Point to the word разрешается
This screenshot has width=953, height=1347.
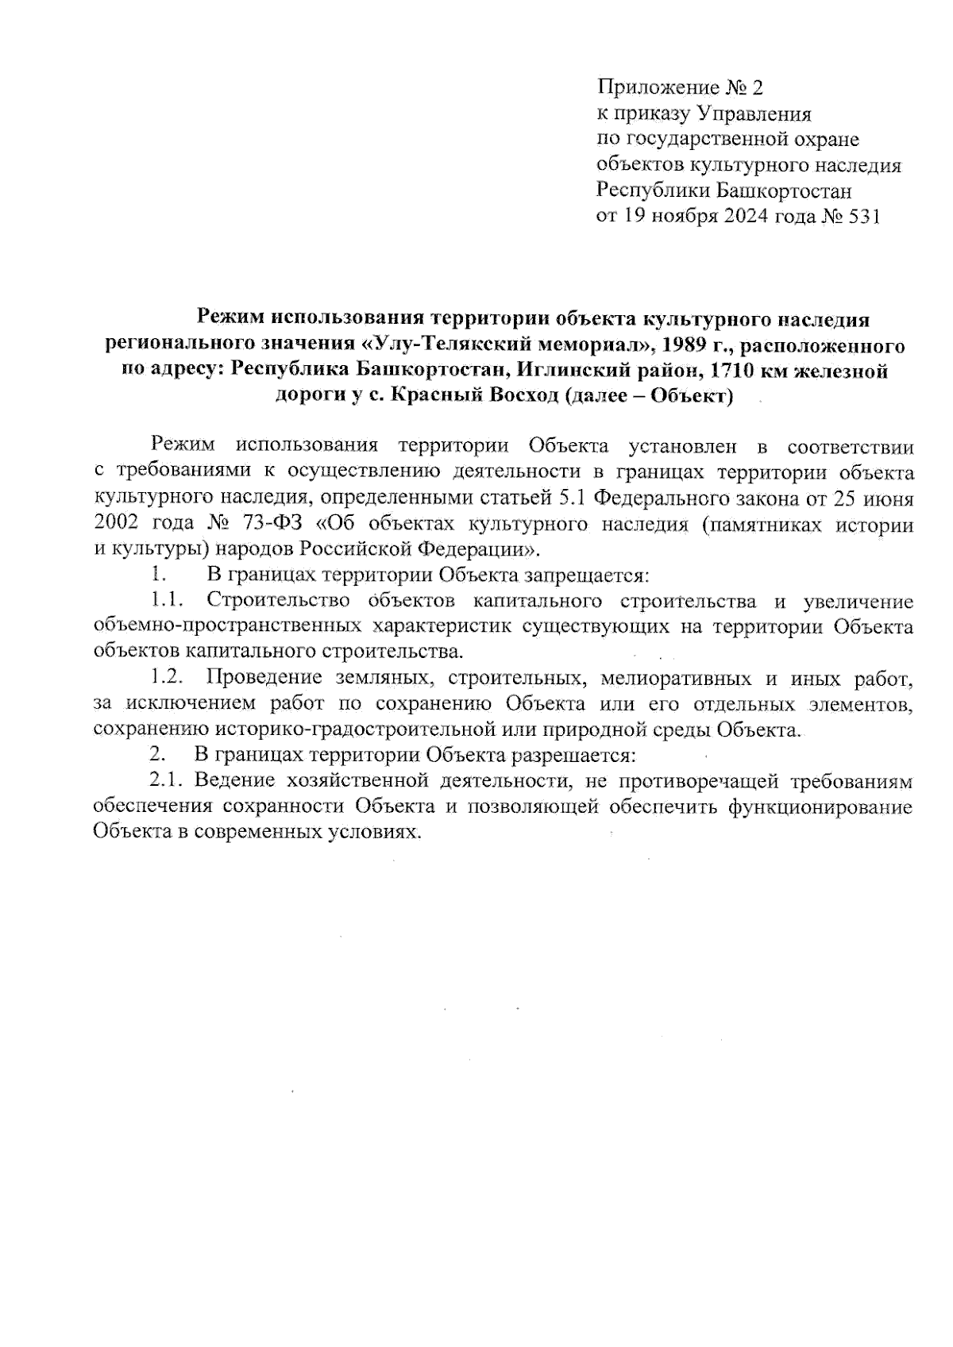[570, 755]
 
